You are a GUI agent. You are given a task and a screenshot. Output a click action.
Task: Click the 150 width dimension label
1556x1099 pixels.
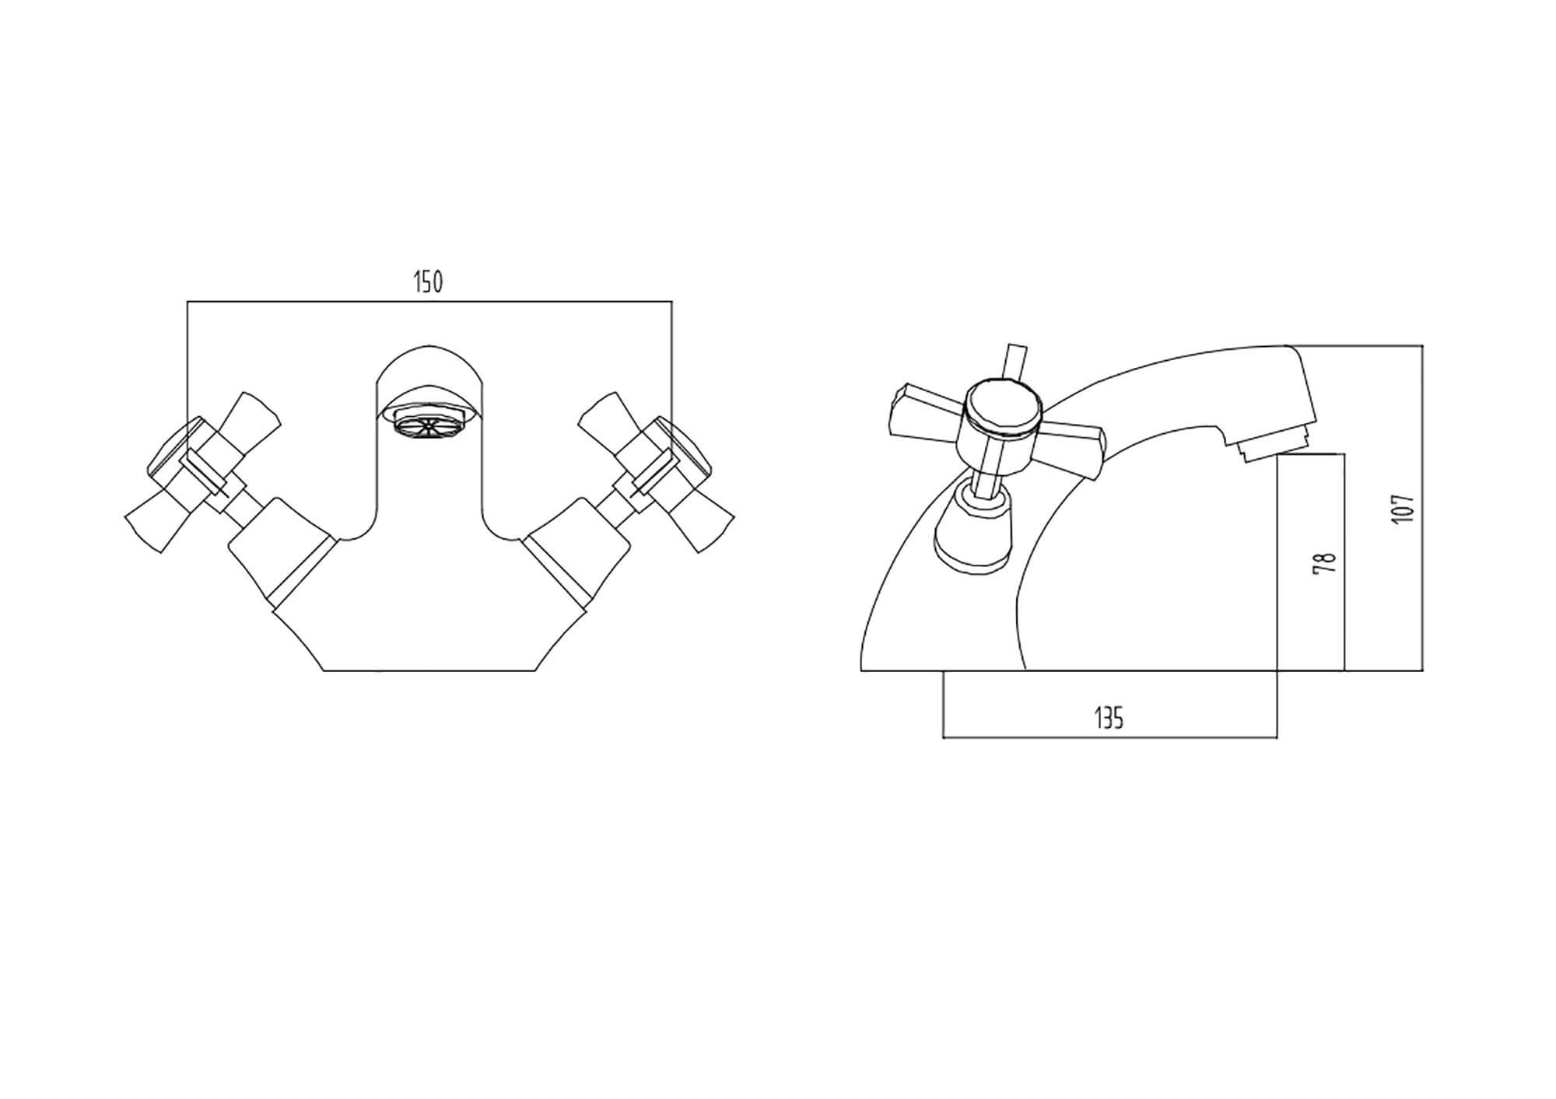click(428, 282)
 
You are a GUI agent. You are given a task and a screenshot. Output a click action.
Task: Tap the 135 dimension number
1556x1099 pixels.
click(1109, 716)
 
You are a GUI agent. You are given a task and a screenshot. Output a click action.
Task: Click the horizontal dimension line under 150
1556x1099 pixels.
click(429, 302)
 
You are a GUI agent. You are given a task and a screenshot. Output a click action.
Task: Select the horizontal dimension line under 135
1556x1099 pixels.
click(1109, 737)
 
